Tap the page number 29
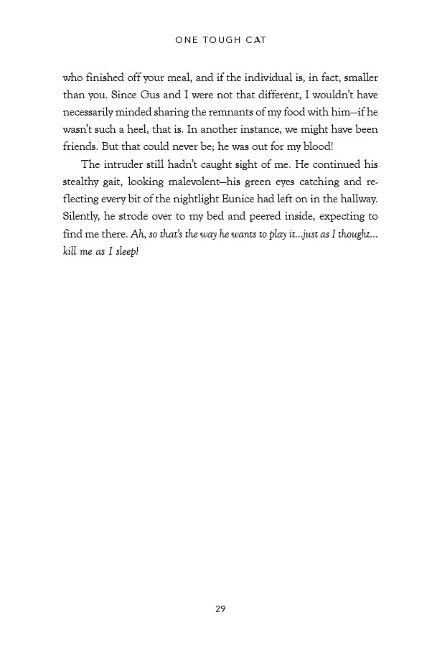tap(220, 609)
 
